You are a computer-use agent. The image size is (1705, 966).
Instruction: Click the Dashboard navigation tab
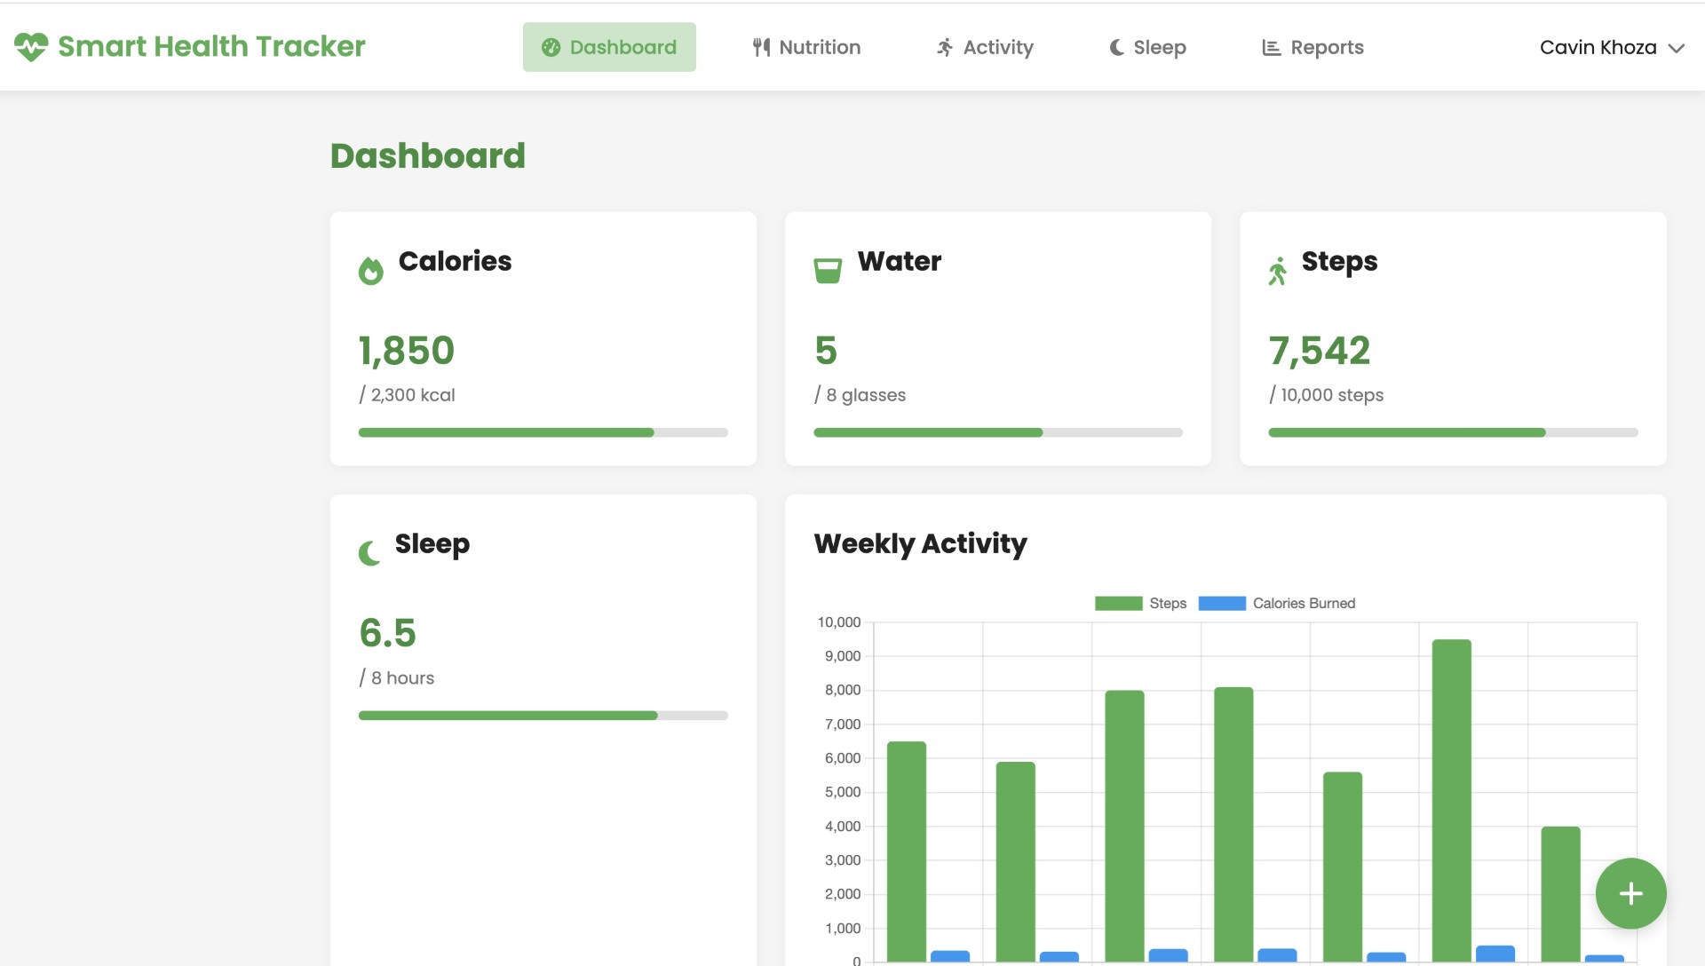coord(609,47)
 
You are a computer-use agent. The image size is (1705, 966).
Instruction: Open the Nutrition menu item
coord(806,47)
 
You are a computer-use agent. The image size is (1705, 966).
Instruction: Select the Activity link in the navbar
coord(985,47)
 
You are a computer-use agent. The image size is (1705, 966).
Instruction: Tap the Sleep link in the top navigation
coord(1147,47)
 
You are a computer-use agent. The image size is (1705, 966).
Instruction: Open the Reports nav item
coord(1312,47)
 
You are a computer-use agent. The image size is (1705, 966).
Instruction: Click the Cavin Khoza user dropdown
coord(1611,47)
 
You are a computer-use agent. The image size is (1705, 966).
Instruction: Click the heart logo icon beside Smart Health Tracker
coord(31,46)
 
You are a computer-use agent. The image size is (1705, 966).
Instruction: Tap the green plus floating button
coord(1630,893)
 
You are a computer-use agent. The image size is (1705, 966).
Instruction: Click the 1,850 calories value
coord(407,351)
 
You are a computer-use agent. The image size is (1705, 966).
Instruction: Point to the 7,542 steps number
coord(1320,351)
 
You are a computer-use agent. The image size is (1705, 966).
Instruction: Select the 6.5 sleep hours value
coord(387,633)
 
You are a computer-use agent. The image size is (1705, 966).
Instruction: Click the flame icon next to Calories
coord(370,270)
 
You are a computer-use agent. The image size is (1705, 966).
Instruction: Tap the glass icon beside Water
coord(828,270)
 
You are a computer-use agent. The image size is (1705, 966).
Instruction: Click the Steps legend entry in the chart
coord(1141,604)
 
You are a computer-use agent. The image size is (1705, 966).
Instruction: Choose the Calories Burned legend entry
coord(1277,604)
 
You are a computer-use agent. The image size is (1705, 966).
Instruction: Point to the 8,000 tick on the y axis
coord(842,690)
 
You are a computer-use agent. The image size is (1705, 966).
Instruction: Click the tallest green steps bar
coord(1451,799)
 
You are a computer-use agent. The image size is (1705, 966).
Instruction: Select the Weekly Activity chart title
coord(920,543)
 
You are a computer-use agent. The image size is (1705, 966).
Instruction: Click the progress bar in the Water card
coord(998,432)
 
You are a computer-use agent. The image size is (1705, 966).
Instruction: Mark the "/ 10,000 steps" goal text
coord(1327,395)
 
